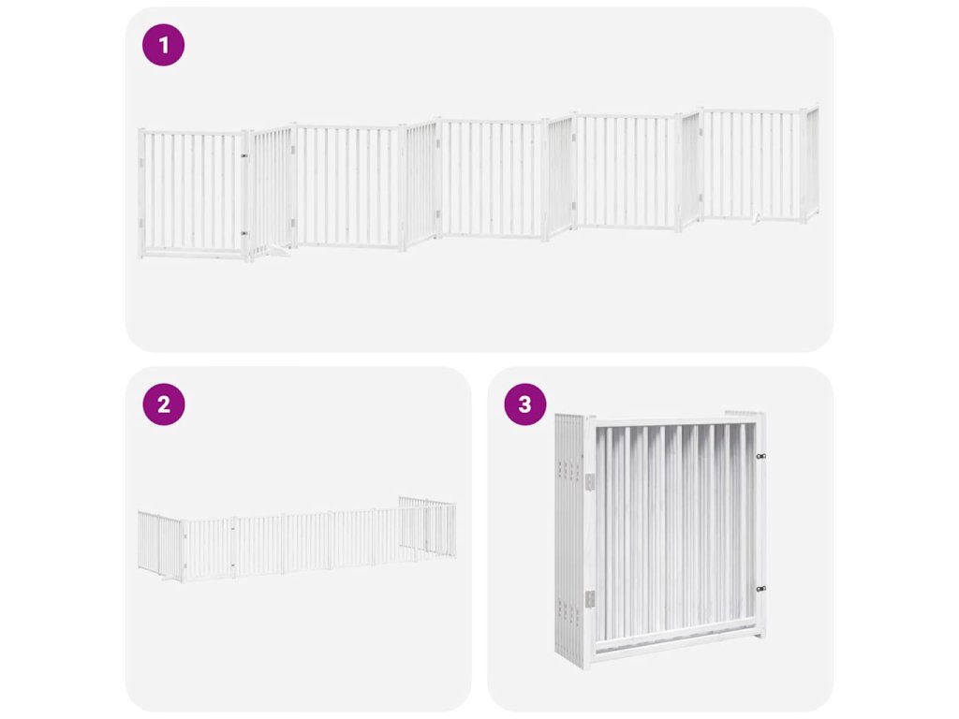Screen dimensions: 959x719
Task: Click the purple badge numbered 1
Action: click(163, 45)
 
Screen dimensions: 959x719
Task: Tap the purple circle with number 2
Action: click(163, 404)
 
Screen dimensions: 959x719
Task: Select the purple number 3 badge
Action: click(524, 404)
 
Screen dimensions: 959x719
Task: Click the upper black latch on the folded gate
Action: click(760, 456)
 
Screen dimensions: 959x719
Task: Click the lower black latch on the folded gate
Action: click(760, 589)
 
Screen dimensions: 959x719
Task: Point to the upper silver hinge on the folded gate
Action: click(590, 482)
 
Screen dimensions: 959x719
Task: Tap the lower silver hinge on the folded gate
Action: click(590, 599)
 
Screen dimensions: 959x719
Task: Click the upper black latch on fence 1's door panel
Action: click(244, 155)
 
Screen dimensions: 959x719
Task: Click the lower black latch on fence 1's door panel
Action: click(244, 233)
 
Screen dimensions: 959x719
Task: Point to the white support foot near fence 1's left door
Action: click(279, 250)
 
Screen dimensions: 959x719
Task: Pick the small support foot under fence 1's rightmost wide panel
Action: click(757, 218)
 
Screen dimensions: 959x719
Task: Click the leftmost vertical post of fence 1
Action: click(142, 193)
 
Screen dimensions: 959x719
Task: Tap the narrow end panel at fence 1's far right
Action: click(812, 164)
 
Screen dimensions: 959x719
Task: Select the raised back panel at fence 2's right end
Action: click(427, 527)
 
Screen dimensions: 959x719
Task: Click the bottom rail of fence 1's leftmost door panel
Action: click(192, 251)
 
